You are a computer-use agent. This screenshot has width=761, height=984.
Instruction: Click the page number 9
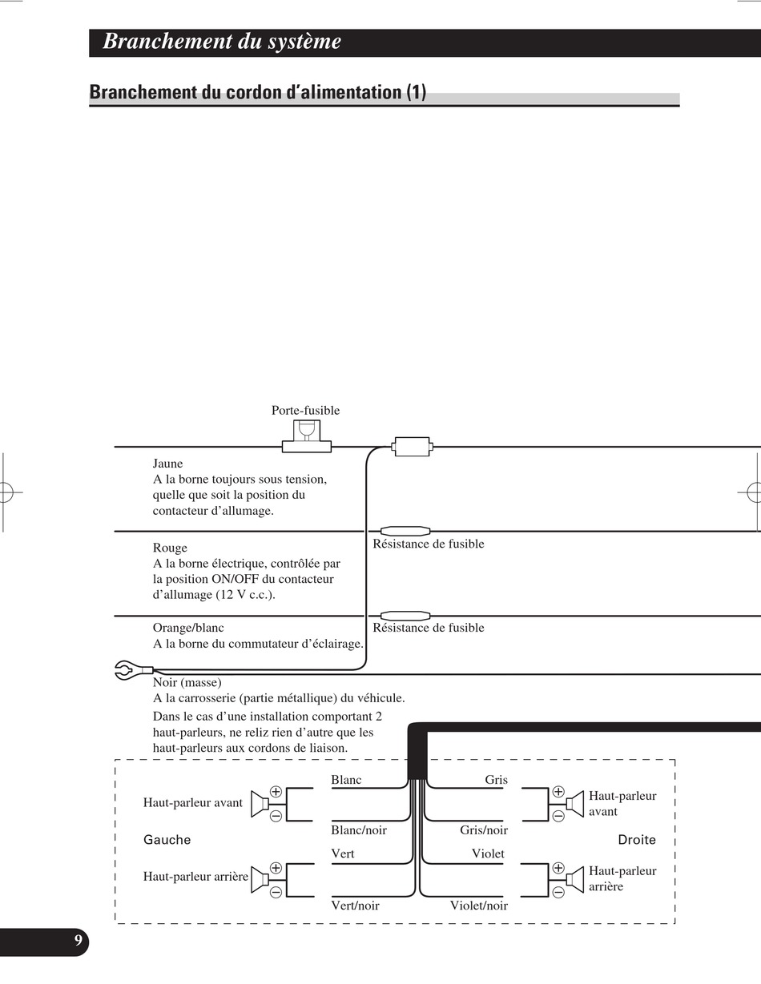[78, 941]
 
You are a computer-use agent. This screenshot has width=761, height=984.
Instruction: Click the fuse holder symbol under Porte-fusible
[306, 437]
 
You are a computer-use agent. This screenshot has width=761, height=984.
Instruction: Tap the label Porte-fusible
[305, 411]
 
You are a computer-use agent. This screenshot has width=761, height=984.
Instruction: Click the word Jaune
[167, 464]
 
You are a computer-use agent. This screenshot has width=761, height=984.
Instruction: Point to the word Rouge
[170, 548]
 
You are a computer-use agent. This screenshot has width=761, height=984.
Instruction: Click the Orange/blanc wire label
[188, 628]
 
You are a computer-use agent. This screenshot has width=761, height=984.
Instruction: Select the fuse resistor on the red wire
[405, 531]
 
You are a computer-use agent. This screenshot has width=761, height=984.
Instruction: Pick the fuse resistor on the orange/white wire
[405, 616]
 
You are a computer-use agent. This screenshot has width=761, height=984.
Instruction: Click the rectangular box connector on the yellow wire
[412, 447]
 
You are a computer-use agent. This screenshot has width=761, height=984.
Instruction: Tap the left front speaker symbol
[259, 803]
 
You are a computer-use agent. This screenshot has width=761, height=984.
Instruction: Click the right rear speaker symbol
[575, 880]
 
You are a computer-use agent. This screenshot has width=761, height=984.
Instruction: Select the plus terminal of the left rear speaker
[276, 867]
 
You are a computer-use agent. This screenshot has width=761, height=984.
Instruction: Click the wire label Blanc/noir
[358, 830]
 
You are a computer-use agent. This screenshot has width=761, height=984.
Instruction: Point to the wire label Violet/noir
[478, 906]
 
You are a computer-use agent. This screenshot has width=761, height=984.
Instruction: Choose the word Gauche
[167, 840]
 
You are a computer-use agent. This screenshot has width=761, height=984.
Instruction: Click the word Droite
[636, 840]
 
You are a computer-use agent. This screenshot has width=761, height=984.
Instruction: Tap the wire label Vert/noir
[355, 906]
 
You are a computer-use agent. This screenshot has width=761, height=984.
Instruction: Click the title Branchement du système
[222, 42]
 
